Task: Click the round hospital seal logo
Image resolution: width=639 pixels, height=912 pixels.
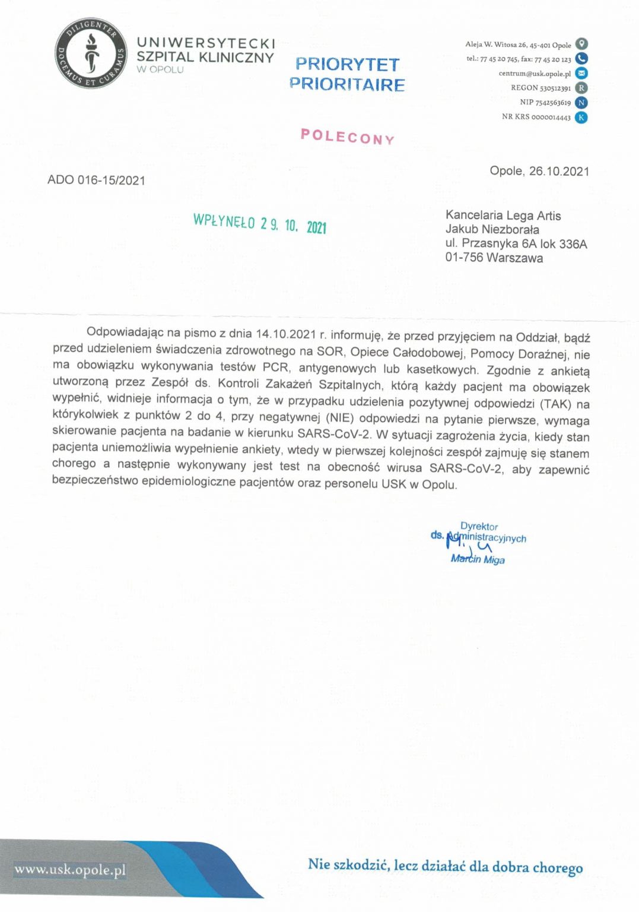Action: [x=91, y=53]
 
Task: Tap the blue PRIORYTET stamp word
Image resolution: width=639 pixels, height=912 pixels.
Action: [x=347, y=64]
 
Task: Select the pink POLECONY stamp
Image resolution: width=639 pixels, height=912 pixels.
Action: [x=347, y=137]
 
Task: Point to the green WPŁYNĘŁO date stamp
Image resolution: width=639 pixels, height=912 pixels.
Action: [x=259, y=224]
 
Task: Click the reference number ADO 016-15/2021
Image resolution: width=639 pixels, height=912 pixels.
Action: [x=96, y=180]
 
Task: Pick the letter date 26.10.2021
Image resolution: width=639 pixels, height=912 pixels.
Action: [x=558, y=172]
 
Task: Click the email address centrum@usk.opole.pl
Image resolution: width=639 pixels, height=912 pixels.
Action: [x=535, y=74]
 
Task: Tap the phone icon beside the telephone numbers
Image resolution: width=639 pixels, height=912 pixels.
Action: [x=581, y=59]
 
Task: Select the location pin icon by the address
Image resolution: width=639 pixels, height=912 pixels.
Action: [x=581, y=44]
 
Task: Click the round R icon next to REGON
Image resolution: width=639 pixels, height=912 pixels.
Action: [x=581, y=88]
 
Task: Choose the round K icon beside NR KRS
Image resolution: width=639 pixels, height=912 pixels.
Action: [x=581, y=117]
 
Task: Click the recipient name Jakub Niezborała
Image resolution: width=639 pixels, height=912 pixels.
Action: [x=492, y=230]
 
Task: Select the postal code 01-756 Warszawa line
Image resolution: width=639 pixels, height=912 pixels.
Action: [x=494, y=258]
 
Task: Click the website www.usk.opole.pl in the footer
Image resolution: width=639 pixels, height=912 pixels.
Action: [x=70, y=870]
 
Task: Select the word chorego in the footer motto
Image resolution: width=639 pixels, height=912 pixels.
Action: [x=557, y=867]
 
